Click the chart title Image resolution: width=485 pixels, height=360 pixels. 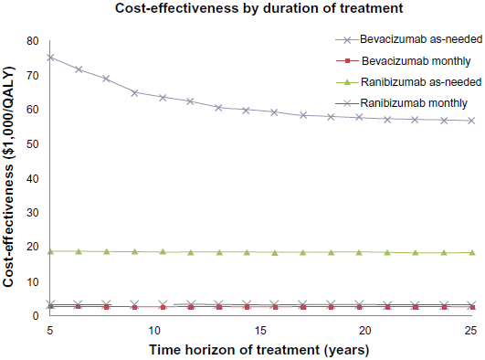coord(258,8)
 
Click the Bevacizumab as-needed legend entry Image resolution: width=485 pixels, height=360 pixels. coord(409,39)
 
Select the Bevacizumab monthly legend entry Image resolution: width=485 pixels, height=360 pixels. coord(404,61)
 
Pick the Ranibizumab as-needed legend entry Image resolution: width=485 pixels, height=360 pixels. coord(408,82)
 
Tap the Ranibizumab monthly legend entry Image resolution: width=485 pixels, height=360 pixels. coord(402,102)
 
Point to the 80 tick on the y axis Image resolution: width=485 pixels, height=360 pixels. coord(33,41)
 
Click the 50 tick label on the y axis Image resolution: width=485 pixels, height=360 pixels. coord(33,144)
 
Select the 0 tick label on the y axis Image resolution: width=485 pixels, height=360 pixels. coord(36,316)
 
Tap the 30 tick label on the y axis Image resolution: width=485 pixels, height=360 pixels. coord(33,213)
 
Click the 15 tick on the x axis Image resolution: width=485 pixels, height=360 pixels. coord(260,331)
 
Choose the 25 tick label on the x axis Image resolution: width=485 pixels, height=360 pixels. coord(470,331)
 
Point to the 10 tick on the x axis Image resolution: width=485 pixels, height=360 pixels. coord(154,331)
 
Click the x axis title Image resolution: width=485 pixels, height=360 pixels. coord(259,350)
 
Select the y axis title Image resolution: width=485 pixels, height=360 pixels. coord(8,176)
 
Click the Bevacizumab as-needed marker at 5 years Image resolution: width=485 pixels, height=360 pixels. coord(50,58)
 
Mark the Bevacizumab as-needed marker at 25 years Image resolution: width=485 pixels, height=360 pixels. coord(471,121)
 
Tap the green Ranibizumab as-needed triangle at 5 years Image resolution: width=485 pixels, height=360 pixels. coord(50,251)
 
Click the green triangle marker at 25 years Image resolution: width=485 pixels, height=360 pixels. coord(472,252)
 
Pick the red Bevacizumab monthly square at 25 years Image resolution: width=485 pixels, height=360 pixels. coord(472,307)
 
